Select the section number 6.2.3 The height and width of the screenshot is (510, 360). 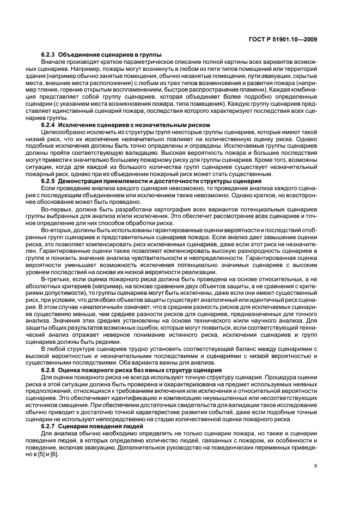pyautogui.click(x=49, y=56)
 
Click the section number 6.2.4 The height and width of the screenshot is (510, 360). pyautogui.click(x=49, y=125)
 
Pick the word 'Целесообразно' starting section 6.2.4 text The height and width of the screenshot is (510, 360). pyautogui.click(x=60, y=132)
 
